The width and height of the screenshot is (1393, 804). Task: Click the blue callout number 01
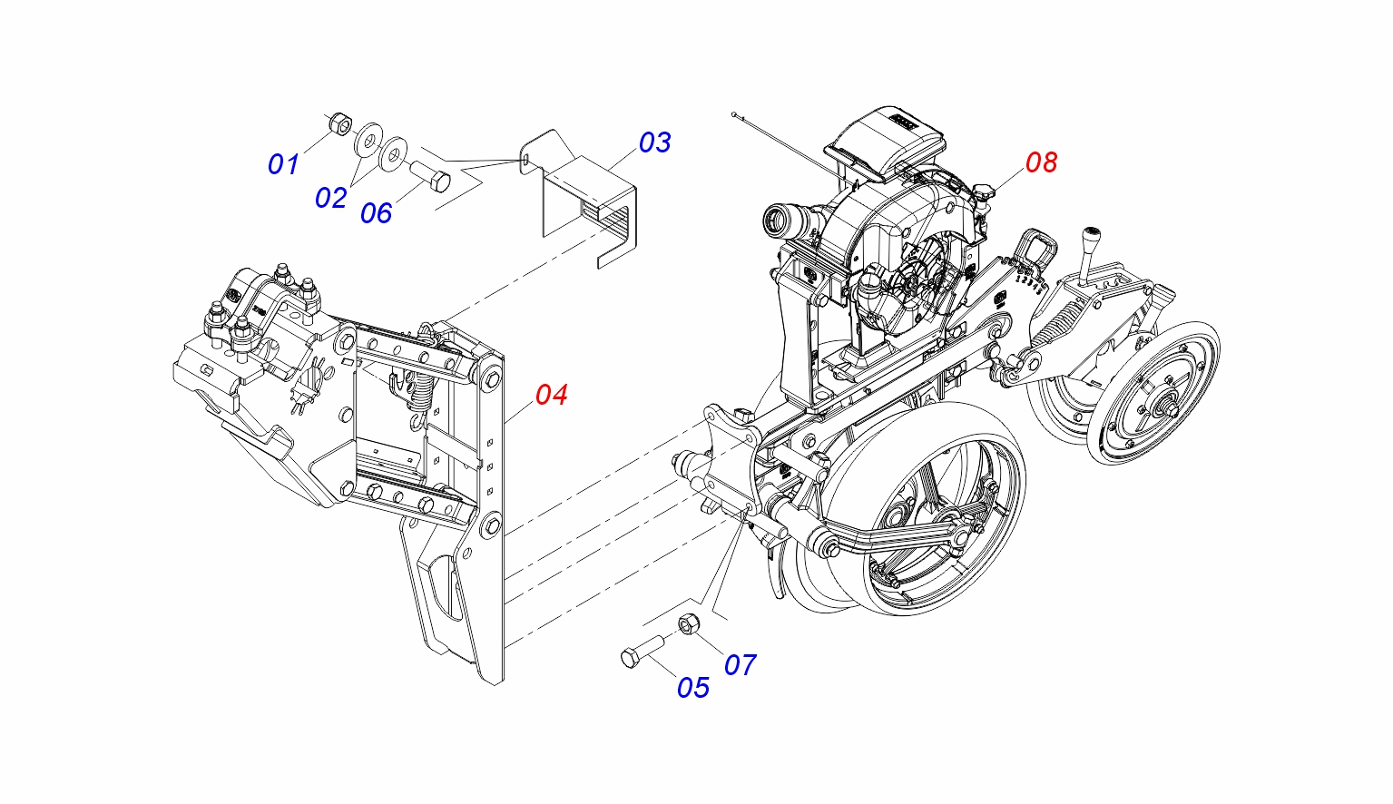click(283, 164)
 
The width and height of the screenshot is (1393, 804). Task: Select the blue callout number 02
click(331, 199)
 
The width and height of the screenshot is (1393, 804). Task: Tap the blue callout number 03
click(655, 142)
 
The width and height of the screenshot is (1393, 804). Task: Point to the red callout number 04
click(552, 395)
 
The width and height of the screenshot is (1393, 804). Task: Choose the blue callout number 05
click(692, 688)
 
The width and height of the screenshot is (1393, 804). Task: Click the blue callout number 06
click(377, 213)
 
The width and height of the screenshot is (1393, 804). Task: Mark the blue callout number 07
click(740, 665)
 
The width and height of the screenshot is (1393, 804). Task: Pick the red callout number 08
click(1041, 162)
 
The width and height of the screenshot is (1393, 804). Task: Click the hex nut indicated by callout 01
click(340, 123)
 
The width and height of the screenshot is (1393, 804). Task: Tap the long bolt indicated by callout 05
click(642, 652)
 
